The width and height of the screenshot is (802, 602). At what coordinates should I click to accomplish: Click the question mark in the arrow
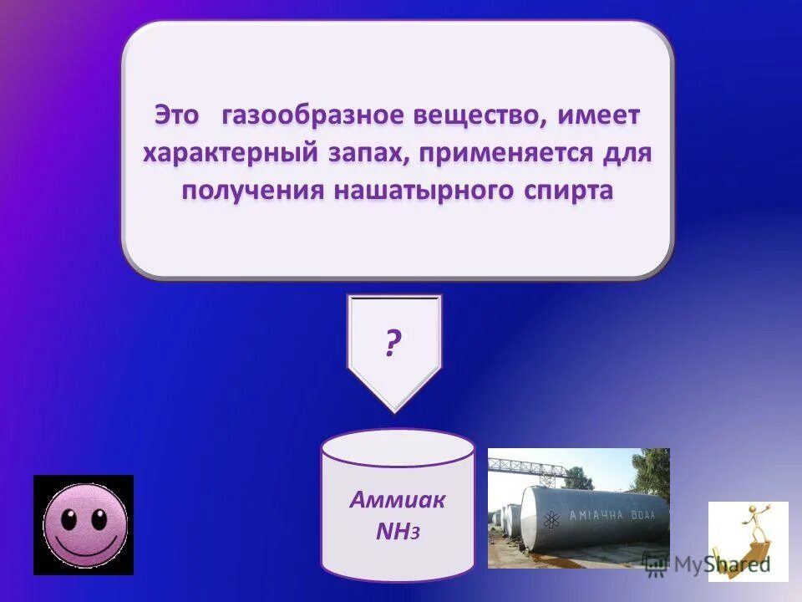coord(393,343)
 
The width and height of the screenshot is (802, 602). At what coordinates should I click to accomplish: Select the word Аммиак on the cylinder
coord(397,501)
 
